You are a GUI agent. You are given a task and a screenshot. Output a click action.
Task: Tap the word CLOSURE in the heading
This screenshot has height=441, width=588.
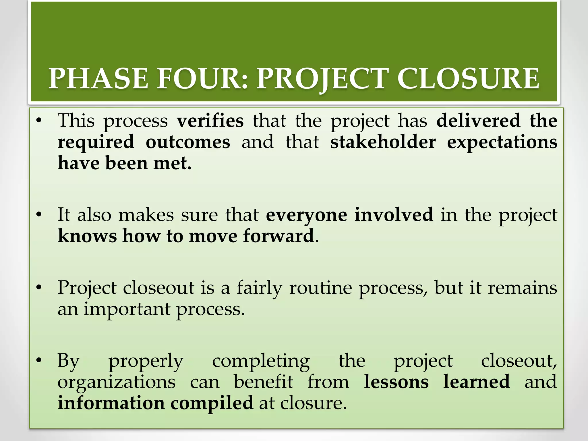[x=469, y=79]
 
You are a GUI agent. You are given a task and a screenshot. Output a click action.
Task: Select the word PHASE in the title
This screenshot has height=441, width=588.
[x=98, y=79]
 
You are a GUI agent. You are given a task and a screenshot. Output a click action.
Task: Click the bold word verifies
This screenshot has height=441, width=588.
[x=210, y=121]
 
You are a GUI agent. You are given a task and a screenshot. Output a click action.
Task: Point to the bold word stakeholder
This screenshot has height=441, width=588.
[x=383, y=142]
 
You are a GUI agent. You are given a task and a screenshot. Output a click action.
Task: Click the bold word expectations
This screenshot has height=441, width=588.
[x=502, y=142]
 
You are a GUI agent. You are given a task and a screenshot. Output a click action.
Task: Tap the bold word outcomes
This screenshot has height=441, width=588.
[x=188, y=142]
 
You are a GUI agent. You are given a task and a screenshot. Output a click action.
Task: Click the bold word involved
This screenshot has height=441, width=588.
[x=394, y=215]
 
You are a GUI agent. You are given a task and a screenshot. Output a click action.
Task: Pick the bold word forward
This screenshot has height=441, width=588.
[x=278, y=236]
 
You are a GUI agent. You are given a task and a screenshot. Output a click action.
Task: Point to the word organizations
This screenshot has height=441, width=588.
[x=117, y=383]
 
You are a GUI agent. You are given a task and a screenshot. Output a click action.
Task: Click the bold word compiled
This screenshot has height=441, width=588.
[x=212, y=403]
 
